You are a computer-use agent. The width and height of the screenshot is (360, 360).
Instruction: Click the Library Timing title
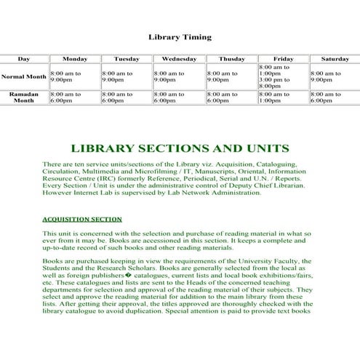(x=180, y=36)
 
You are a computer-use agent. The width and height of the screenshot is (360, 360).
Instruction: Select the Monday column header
(x=75, y=58)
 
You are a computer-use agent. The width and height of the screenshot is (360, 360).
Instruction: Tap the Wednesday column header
(x=179, y=58)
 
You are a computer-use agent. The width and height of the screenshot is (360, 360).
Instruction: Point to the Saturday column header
(x=335, y=58)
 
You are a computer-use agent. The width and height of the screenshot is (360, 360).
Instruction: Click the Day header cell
(x=24, y=58)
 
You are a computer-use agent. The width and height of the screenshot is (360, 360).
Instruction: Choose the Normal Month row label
(x=24, y=76)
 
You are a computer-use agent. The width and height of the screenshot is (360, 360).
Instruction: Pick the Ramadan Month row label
(x=24, y=97)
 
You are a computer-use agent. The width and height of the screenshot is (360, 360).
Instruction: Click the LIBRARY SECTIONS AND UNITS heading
(x=180, y=148)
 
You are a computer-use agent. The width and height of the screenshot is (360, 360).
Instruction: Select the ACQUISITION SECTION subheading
(x=82, y=218)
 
